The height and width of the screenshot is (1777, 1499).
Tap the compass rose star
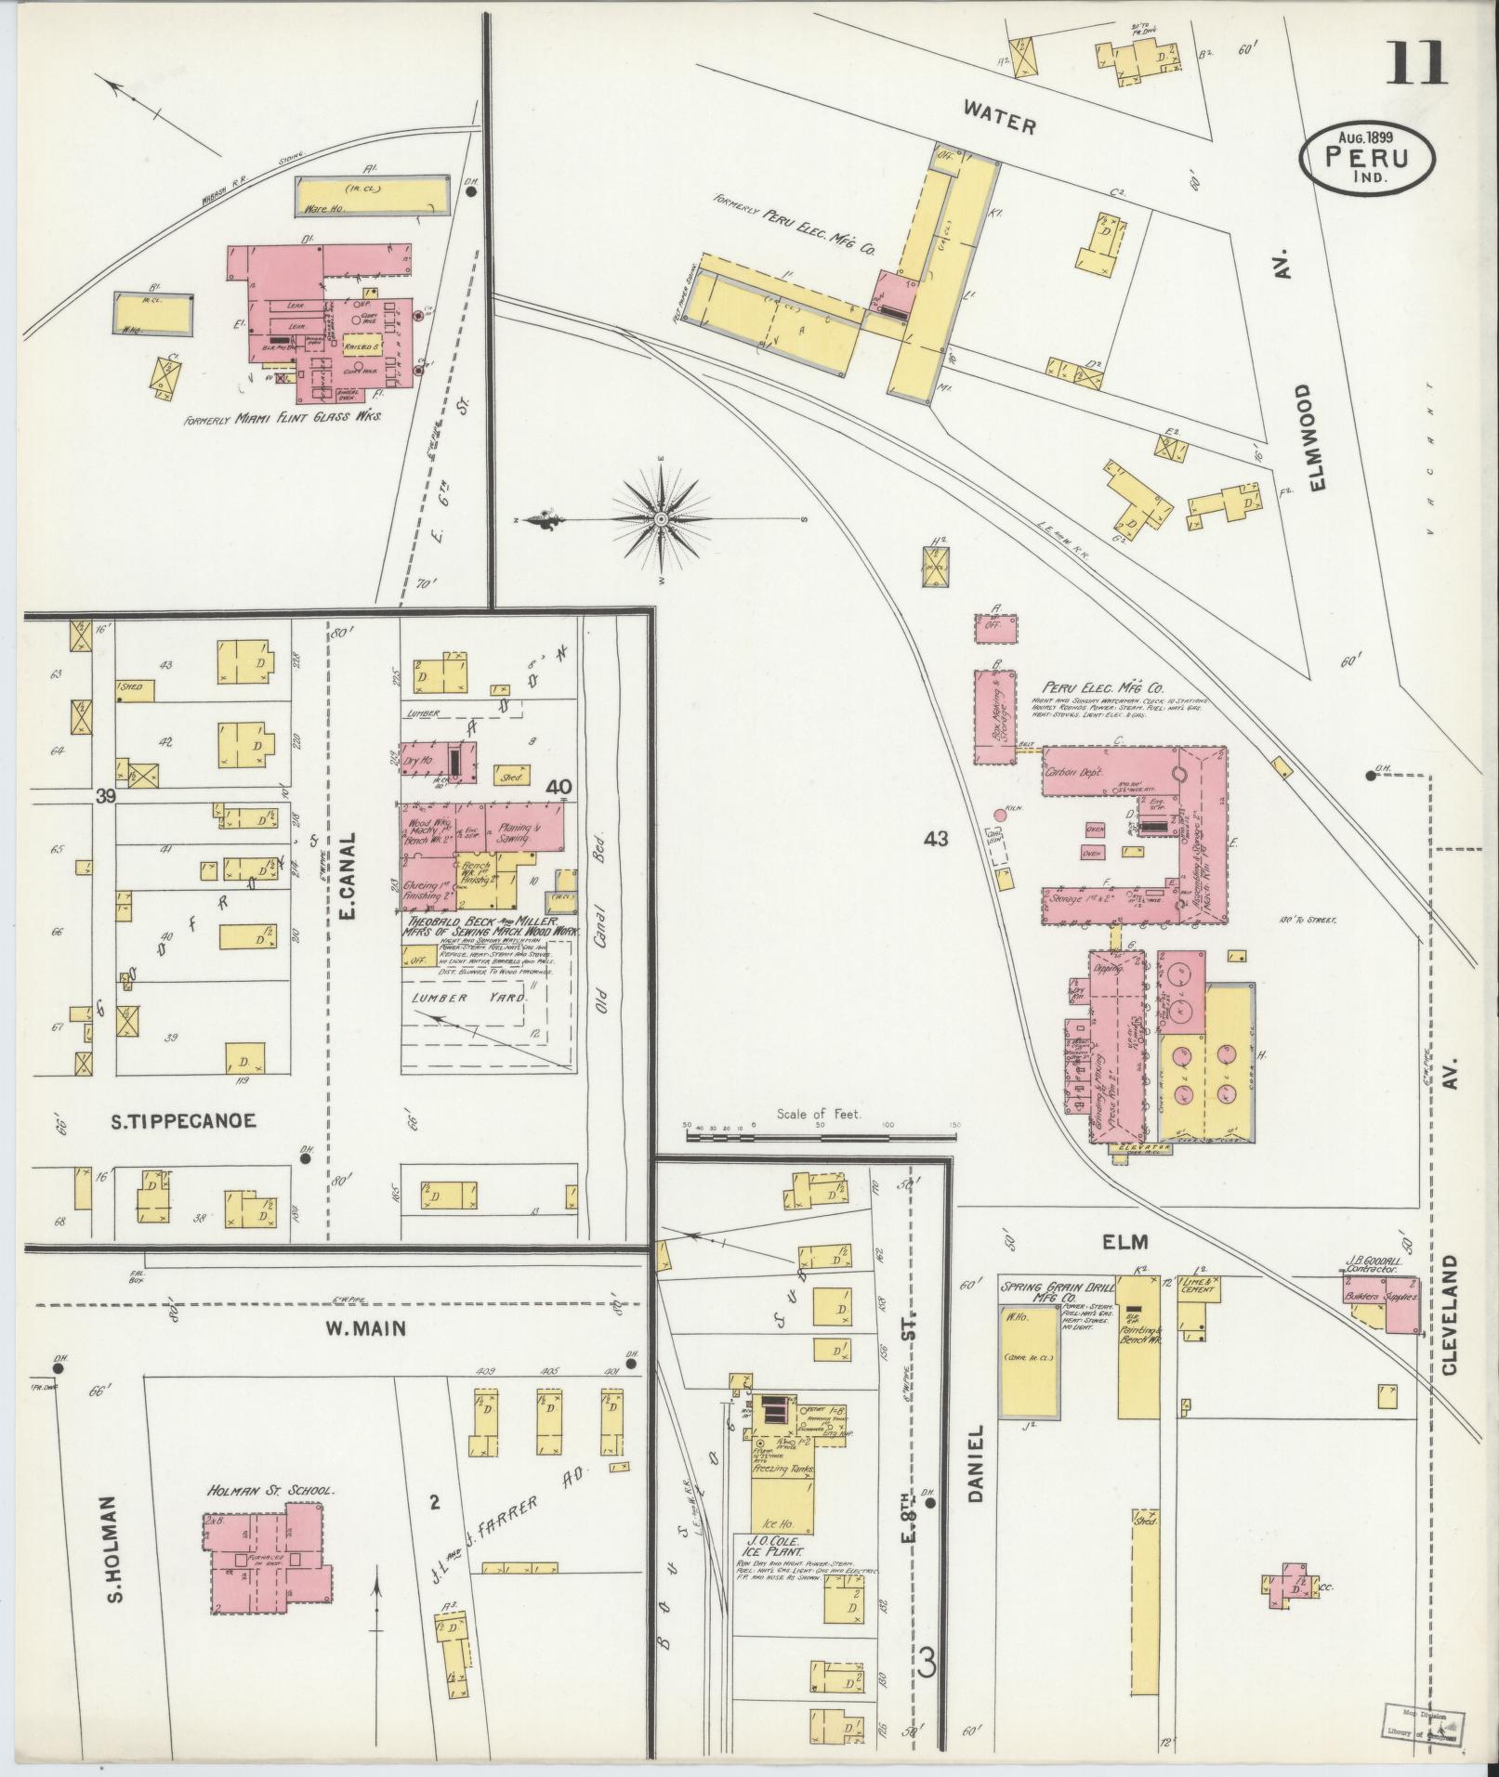661,517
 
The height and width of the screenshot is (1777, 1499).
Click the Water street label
999,118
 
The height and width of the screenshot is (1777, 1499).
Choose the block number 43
936,839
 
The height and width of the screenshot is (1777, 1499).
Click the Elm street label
1125,1241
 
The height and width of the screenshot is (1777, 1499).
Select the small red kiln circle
1000,815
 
